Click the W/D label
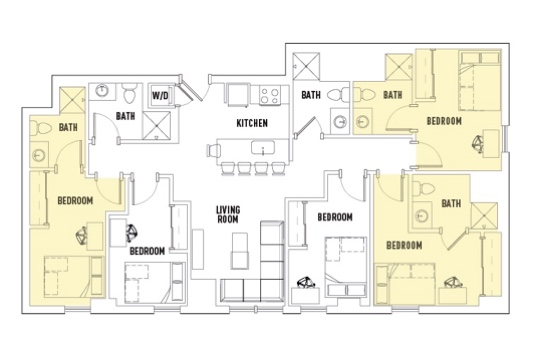point(160,95)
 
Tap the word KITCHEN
point(252,123)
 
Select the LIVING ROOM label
point(228,215)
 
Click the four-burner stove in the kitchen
point(269,95)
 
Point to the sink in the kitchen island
point(263,148)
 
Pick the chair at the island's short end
point(214,150)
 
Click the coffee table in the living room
point(240,251)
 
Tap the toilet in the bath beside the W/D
point(129,93)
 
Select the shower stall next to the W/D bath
point(157,125)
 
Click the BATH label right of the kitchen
point(311,95)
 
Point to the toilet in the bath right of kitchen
point(338,94)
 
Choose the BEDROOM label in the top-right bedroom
point(444,121)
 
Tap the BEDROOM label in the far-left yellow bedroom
point(75,201)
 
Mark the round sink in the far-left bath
point(38,156)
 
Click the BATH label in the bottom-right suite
point(451,204)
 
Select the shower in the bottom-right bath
point(484,216)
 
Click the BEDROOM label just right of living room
point(335,217)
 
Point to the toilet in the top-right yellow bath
point(364,93)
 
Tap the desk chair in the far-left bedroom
point(82,236)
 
